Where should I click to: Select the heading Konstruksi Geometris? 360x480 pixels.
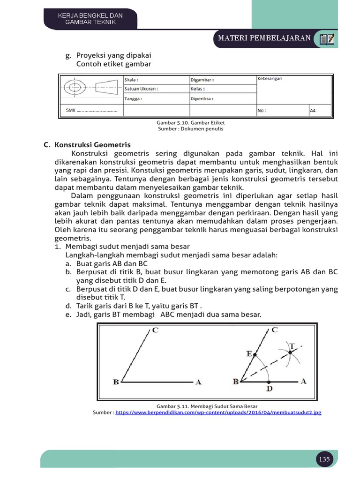[x=92, y=145]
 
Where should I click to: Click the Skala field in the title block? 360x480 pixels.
[x=132, y=80]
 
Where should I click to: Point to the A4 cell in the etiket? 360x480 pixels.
[x=313, y=111]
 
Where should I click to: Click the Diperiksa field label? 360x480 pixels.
[x=202, y=99]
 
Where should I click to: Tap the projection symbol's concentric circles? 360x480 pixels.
[x=75, y=88]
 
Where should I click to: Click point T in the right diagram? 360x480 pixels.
[x=292, y=346]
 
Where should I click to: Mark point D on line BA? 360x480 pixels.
[x=269, y=388]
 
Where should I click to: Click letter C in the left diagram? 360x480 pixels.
[x=155, y=331]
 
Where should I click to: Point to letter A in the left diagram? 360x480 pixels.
[x=198, y=382]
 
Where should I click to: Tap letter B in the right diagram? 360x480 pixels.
[x=235, y=382]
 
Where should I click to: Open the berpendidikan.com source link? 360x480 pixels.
[x=218, y=412]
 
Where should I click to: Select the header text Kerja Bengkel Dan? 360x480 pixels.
[x=90, y=15]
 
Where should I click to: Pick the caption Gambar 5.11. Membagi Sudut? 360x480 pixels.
[x=207, y=406]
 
